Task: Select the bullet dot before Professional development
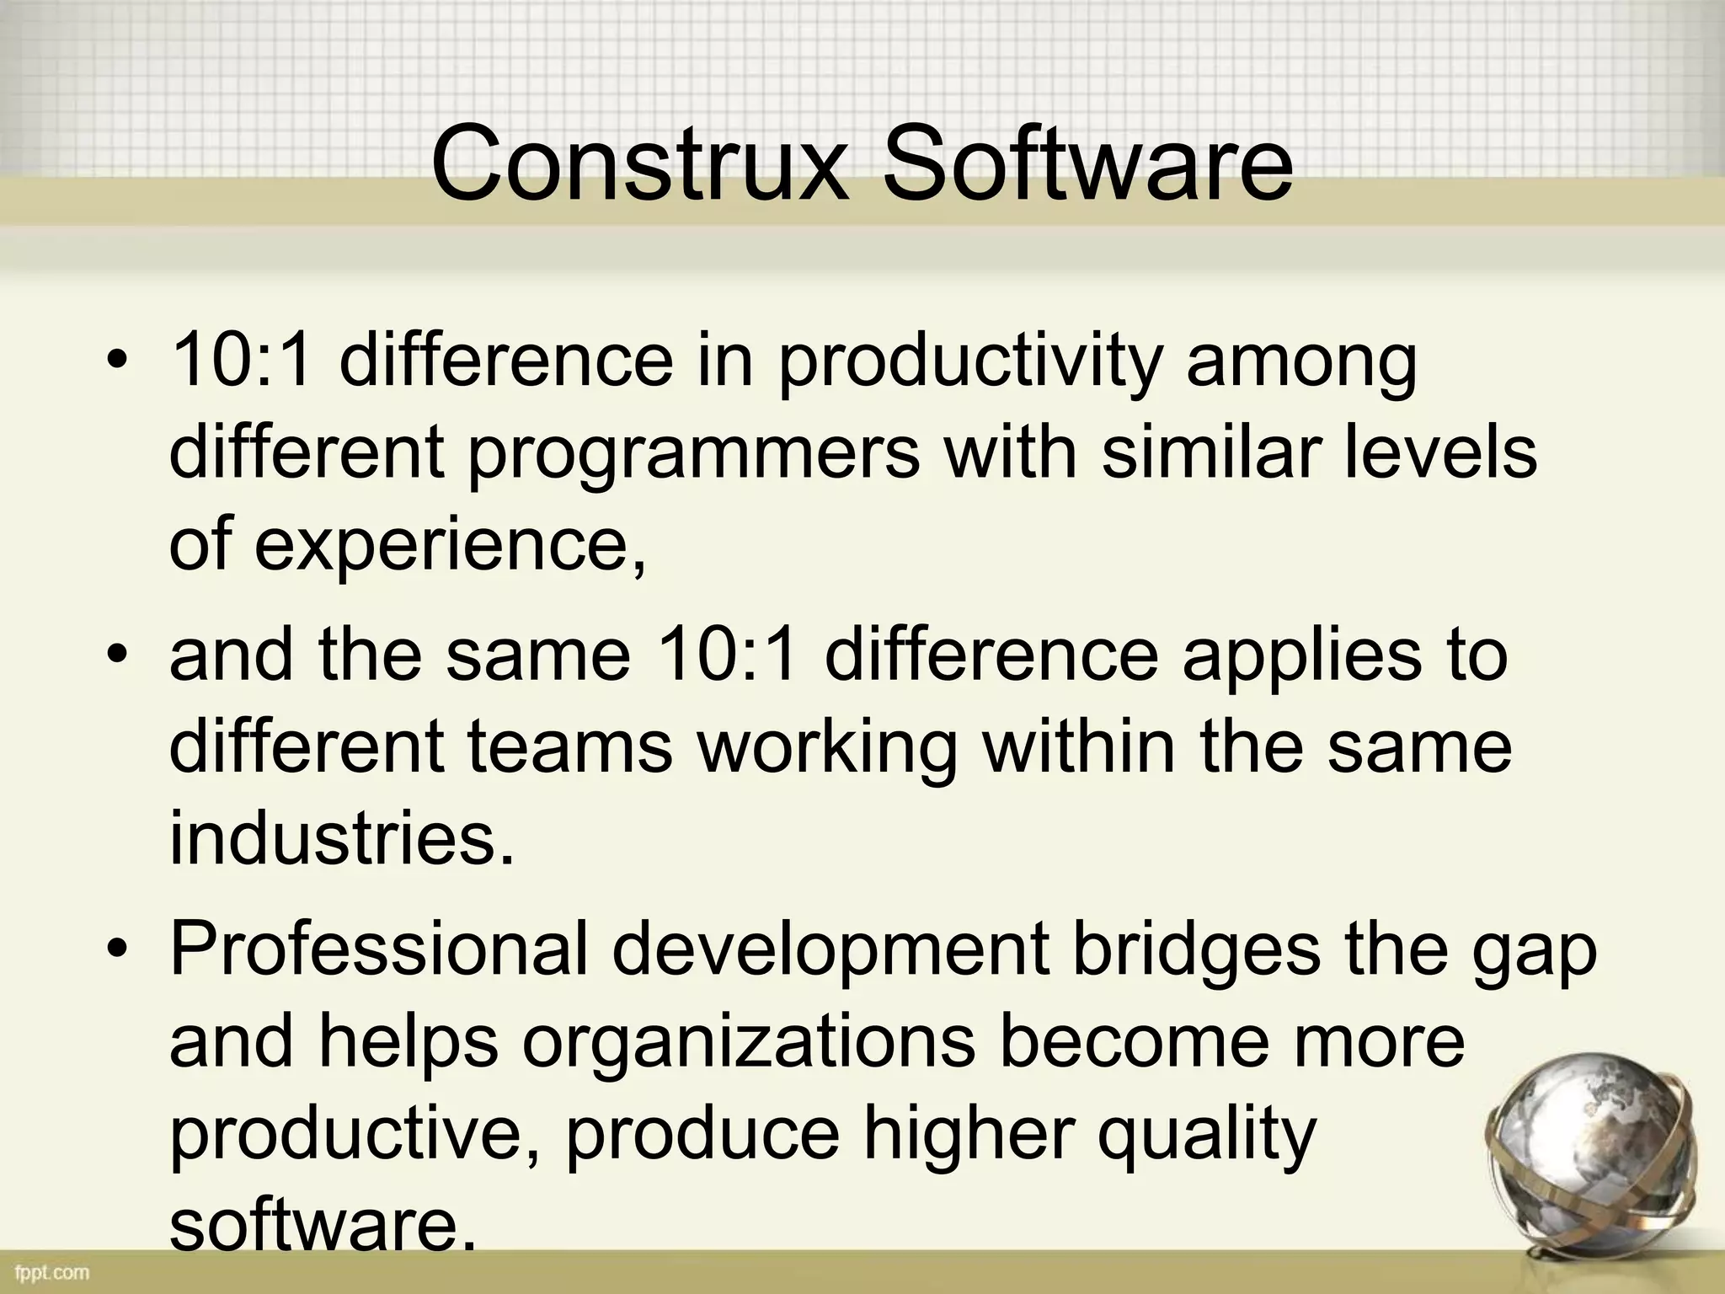117,950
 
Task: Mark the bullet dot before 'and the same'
117,656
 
